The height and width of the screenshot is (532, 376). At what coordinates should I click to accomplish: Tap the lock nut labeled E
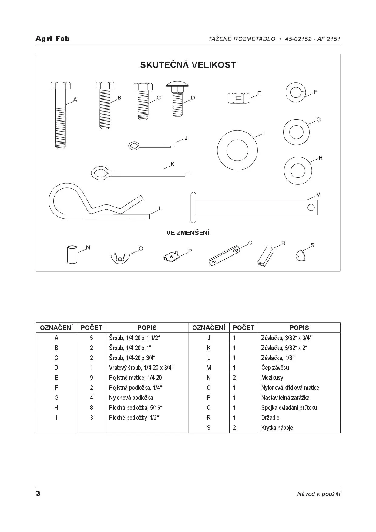coord(238,98)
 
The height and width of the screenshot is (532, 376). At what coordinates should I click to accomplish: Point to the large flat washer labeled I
coord(237,150)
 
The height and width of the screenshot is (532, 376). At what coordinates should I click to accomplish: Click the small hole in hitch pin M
coord(311,207)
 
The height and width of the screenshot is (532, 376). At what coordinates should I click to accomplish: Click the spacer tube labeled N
coord(72,254)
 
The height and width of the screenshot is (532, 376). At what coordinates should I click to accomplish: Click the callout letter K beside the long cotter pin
coord(173,164)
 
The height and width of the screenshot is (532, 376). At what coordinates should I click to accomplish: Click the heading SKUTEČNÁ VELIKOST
coord(188,65)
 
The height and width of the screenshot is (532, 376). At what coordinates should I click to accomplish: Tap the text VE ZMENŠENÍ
coord(188,233)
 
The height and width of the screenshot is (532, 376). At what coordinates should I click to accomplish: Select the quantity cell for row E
coord(91,378)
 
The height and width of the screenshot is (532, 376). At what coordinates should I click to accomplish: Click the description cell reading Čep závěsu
coord(275,368)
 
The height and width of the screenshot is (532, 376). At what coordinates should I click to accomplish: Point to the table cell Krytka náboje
coord(277,428)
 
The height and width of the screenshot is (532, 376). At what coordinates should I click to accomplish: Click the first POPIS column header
coord(147,328)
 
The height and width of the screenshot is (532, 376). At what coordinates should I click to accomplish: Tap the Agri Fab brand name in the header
coord(52,39)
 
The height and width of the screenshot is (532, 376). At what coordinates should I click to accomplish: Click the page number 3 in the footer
coord(38,493)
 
